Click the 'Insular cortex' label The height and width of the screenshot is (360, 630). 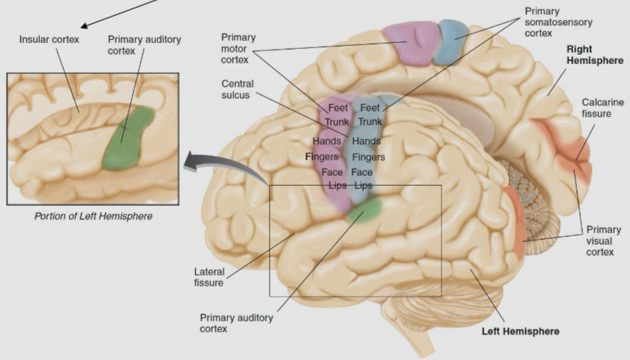point(49,38)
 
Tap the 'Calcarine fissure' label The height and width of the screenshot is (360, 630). point(602,109)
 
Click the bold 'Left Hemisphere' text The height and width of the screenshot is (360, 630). point(521,332)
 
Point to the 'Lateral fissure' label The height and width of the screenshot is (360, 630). point(208,277)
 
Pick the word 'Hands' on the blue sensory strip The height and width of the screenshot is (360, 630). point(367,141)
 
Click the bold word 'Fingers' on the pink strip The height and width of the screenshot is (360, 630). point(323,156)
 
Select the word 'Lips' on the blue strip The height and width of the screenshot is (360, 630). point(363,186)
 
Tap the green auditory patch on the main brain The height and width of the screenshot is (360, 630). point(364,209)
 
